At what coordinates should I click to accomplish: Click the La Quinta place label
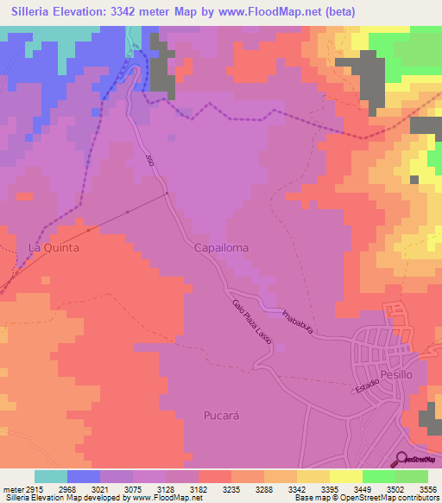(x=54, y=247)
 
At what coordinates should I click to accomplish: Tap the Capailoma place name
(x=221, y=247)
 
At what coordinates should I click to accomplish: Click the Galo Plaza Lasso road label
(x=252, y=323)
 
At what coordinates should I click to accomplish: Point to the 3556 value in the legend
(x=427, y=488)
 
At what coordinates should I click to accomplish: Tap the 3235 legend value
(x=231, y=488)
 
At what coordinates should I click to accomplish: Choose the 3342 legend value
(x=297, y=488)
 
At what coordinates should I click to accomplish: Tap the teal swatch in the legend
(x=51, y=476)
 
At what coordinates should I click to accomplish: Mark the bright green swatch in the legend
(x=379, y=476)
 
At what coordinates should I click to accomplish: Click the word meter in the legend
(x=13, y=488)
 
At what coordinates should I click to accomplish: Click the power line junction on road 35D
(x=167, y=194)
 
